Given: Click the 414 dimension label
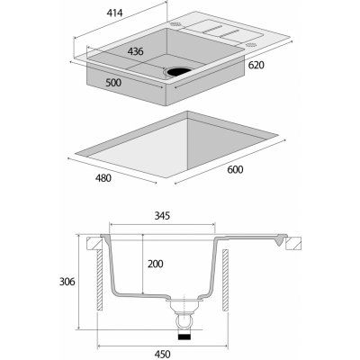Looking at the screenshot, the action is point(114,13).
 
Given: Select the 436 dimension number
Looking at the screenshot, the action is point(135,51).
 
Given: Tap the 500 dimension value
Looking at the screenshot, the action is point(113,82).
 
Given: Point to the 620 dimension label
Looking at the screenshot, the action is point(256,65).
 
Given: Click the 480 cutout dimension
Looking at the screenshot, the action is point(103,178).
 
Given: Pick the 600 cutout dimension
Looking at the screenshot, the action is point(235,169).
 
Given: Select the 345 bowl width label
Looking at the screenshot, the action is point(162,215).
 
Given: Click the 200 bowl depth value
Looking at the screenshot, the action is point(156,264).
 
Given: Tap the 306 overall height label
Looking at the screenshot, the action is point(67,282).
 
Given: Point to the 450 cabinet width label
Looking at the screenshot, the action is point(162,354).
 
